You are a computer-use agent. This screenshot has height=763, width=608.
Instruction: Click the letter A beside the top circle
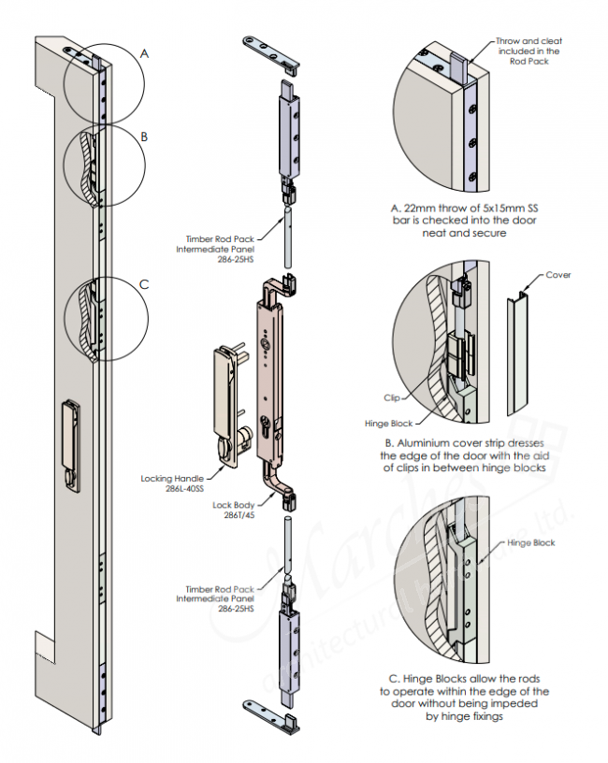click(144, 54)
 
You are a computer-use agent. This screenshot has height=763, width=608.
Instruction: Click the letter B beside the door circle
click(144, 137)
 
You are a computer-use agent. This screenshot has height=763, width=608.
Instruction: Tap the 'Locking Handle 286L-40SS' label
click(186, 482)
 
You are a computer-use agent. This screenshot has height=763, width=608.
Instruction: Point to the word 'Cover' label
click(557, 275)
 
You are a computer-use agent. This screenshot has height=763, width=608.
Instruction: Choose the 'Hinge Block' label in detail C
click(530, 542)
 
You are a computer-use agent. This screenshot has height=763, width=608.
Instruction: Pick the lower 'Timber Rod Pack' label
click(217, 598)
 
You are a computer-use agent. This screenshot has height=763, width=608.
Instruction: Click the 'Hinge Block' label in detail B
click(387, 423)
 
